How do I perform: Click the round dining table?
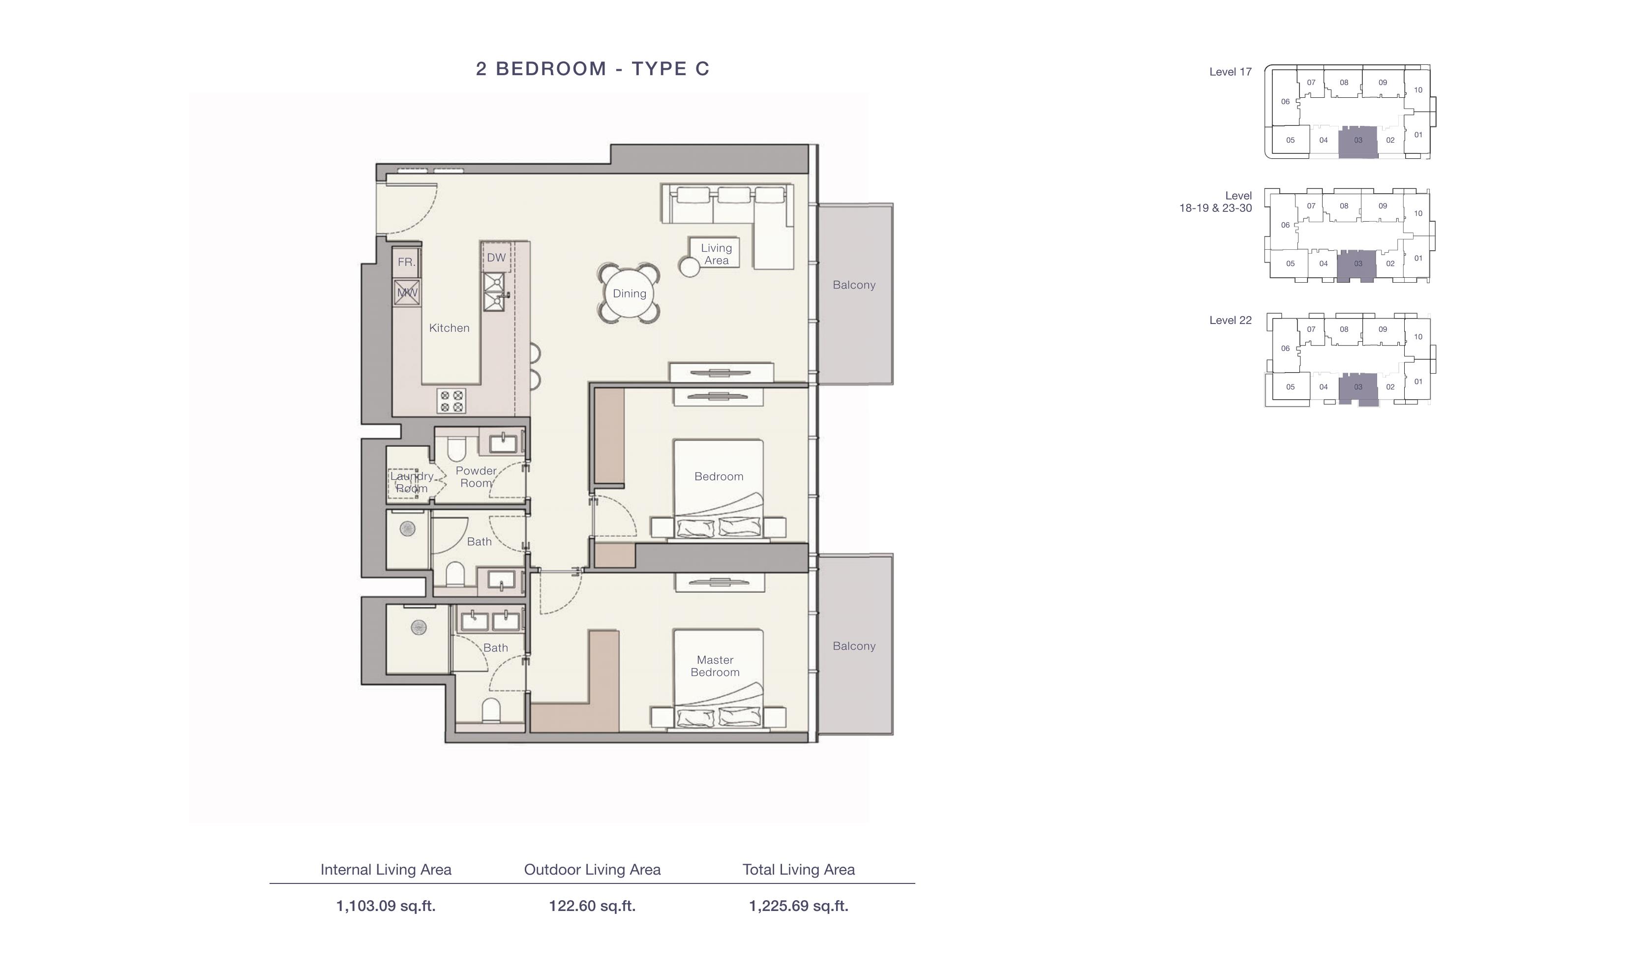629,293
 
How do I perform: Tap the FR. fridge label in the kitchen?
406,262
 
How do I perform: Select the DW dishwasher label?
496,257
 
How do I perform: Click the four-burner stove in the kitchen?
452,401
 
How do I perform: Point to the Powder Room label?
476,477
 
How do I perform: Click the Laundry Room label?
412,482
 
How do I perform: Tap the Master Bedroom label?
715,666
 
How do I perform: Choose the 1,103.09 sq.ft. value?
386,906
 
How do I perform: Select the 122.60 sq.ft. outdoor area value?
592,906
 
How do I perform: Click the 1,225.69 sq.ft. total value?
798,906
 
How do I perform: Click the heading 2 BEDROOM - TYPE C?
592,68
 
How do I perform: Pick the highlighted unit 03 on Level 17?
1357,142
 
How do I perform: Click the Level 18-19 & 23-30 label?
1215,202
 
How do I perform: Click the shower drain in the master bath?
418,627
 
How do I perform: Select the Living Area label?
716,254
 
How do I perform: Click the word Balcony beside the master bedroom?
854,646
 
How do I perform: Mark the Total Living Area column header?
798,870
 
